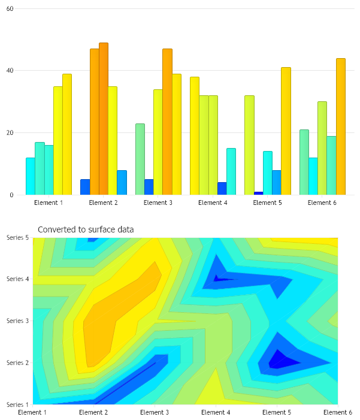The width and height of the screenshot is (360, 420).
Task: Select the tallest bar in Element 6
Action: [340, 126]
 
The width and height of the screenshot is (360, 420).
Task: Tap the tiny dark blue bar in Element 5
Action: [258, 193]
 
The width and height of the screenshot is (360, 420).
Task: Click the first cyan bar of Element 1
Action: [30, 176]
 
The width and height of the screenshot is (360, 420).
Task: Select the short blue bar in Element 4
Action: [222, 188]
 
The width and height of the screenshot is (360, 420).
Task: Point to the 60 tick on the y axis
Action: [10, 8]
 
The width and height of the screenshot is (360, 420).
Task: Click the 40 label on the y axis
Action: [10, 71]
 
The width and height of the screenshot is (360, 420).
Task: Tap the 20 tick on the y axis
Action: [10, 132]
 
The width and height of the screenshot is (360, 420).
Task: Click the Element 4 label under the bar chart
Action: [213, 203]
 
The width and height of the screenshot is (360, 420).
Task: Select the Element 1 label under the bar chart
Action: [49, 203]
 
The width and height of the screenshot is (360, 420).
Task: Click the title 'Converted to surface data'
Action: [86, 229]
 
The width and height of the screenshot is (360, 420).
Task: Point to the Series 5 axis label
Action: [17, 237]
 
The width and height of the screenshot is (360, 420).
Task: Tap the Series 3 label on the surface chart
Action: [17, 321]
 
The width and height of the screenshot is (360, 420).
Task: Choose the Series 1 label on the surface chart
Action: [17, 404]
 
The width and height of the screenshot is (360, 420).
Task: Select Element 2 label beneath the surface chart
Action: [93, 412]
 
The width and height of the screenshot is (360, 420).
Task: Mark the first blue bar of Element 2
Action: [85, 187]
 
